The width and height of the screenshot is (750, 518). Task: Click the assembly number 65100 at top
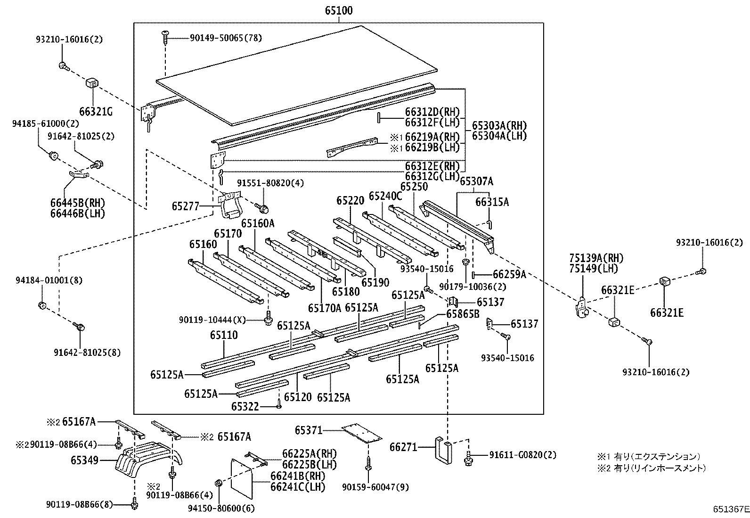[x=338, y=10]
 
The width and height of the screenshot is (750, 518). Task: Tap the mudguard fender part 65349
[x=148, y=460]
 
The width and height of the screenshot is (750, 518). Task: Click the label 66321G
[x=96, y=112]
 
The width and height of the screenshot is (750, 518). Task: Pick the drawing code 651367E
[x=730, y=509]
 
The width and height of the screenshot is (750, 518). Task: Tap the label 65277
[x=185, y=206]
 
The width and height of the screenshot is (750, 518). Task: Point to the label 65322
[x=245, y=406]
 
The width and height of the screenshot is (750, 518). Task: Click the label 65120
[x=298, y=397]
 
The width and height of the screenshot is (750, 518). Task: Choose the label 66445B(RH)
[x=77, y=203]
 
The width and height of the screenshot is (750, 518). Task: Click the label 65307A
[x=476, y=181]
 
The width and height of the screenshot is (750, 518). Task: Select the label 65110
[x=224, y=336]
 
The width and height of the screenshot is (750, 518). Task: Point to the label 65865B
[x=463, y=313]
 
